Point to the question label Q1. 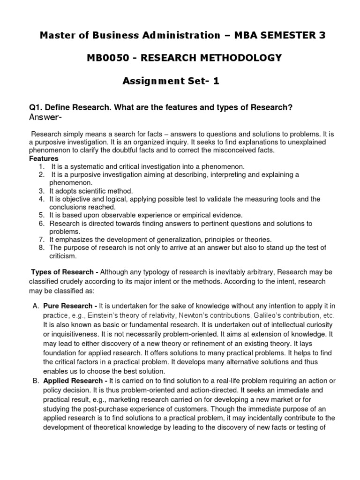36,108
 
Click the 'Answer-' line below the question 45,117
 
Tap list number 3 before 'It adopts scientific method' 42,191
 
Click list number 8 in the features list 42,247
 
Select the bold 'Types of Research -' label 65,272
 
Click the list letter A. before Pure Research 36,306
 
